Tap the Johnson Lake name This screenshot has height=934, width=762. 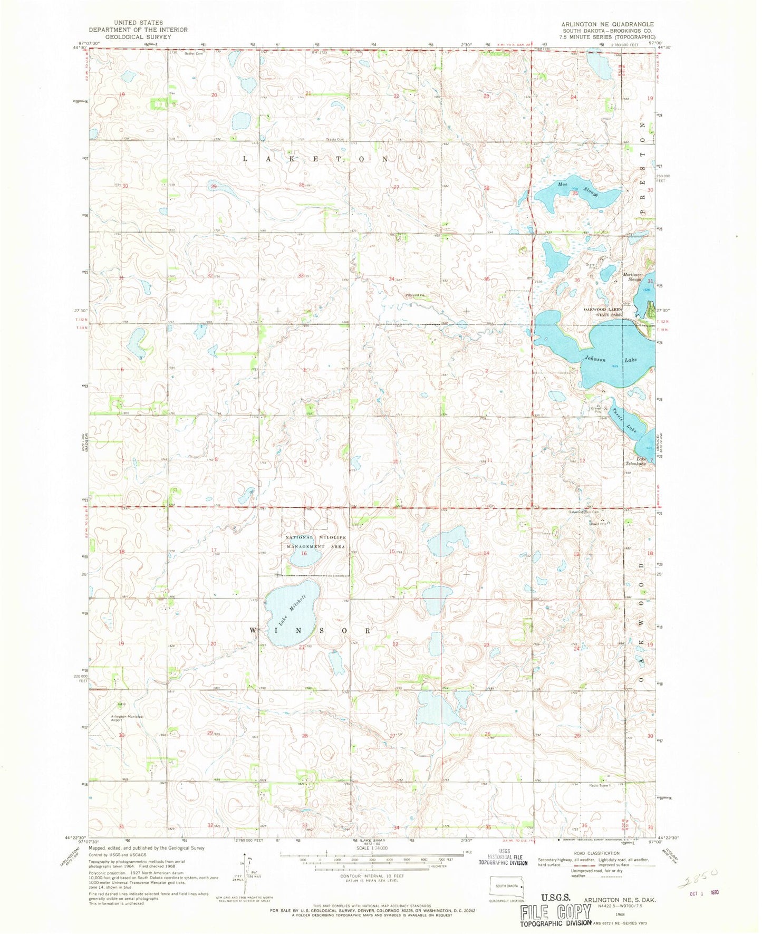pos(610,359)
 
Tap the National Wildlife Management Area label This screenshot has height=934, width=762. pos(315,542)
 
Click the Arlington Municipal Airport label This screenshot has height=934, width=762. pos(127,718)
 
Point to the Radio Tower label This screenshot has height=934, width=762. pos(600,785)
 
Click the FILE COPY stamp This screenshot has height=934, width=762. pos(556,912)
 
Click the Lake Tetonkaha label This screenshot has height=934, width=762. pos(643,461)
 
